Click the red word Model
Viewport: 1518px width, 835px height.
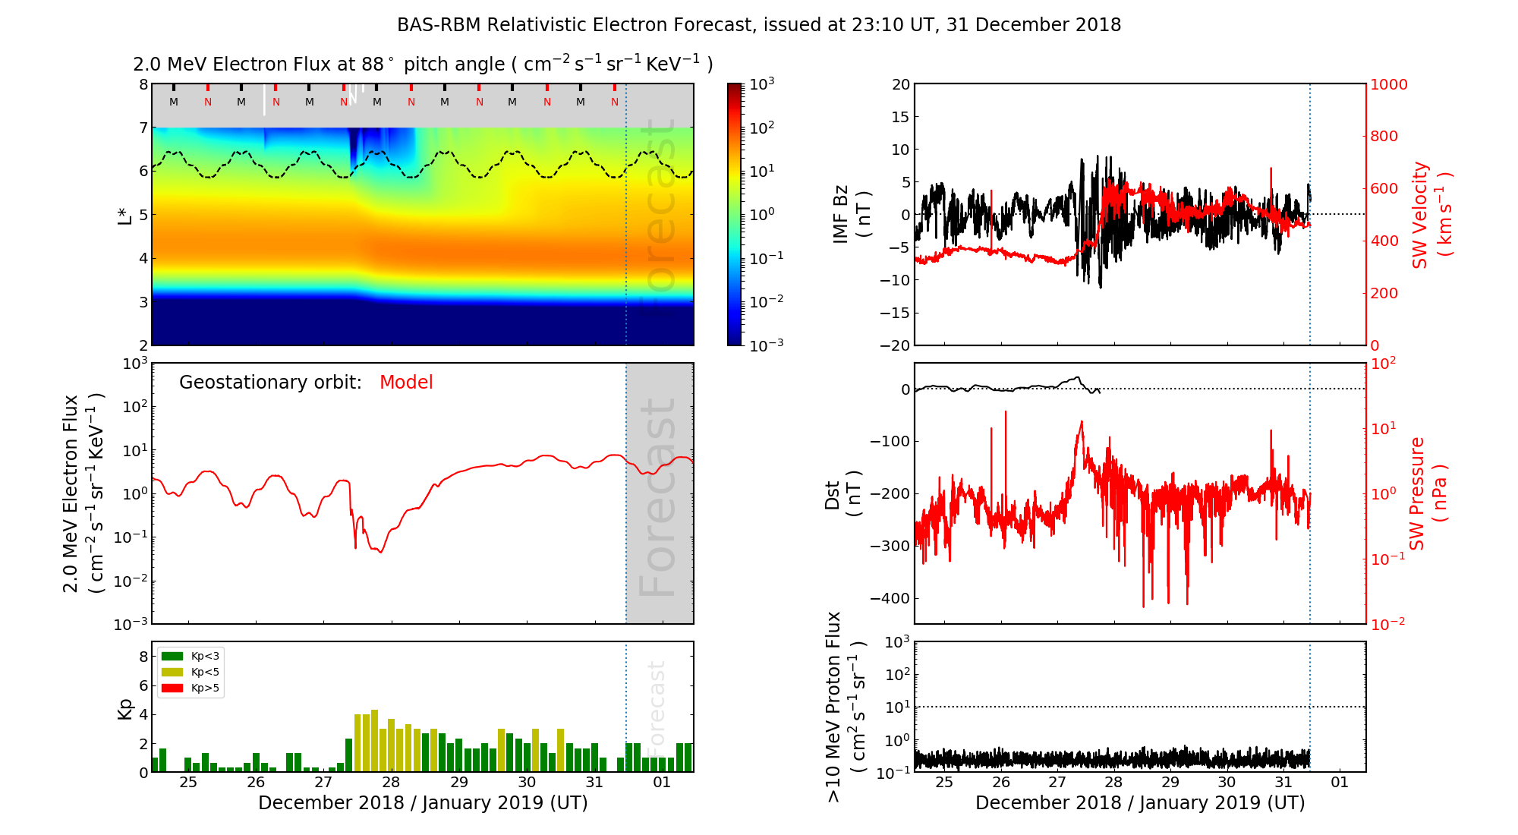[406, 383]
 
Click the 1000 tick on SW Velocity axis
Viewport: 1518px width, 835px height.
[1388, 84]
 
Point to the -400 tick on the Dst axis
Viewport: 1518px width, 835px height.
[889, 598]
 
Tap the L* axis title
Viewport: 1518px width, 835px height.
[124, 215]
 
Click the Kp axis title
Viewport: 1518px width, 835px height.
[124, 708]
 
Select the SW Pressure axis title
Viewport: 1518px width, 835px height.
[1427, 493]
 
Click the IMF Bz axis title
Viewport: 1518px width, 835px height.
[850, 215]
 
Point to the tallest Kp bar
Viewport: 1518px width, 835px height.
[375, 740]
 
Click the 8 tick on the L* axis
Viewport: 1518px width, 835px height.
[143, 84]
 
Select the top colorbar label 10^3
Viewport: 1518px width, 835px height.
[761, 84]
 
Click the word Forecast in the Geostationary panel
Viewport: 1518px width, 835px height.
[658, 497]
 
